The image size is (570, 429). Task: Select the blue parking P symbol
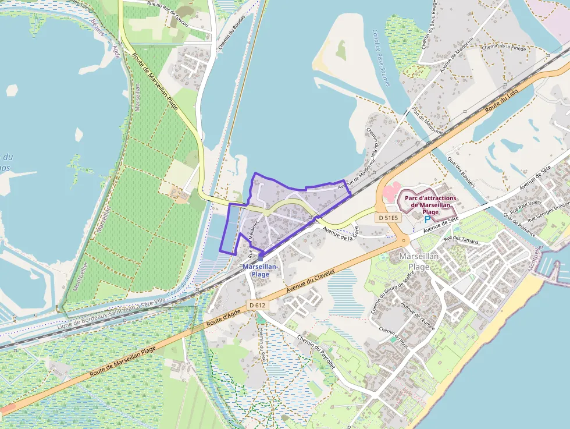tap(427, 219)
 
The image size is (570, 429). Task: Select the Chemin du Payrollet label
tap(316, 352)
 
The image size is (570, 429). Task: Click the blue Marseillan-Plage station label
tap(260, 270)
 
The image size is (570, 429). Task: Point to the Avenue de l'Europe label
tap(418, 314)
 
